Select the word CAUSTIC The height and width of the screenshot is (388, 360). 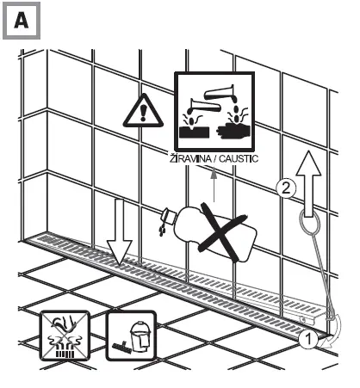234,161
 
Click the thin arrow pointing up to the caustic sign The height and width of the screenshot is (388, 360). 214,182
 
